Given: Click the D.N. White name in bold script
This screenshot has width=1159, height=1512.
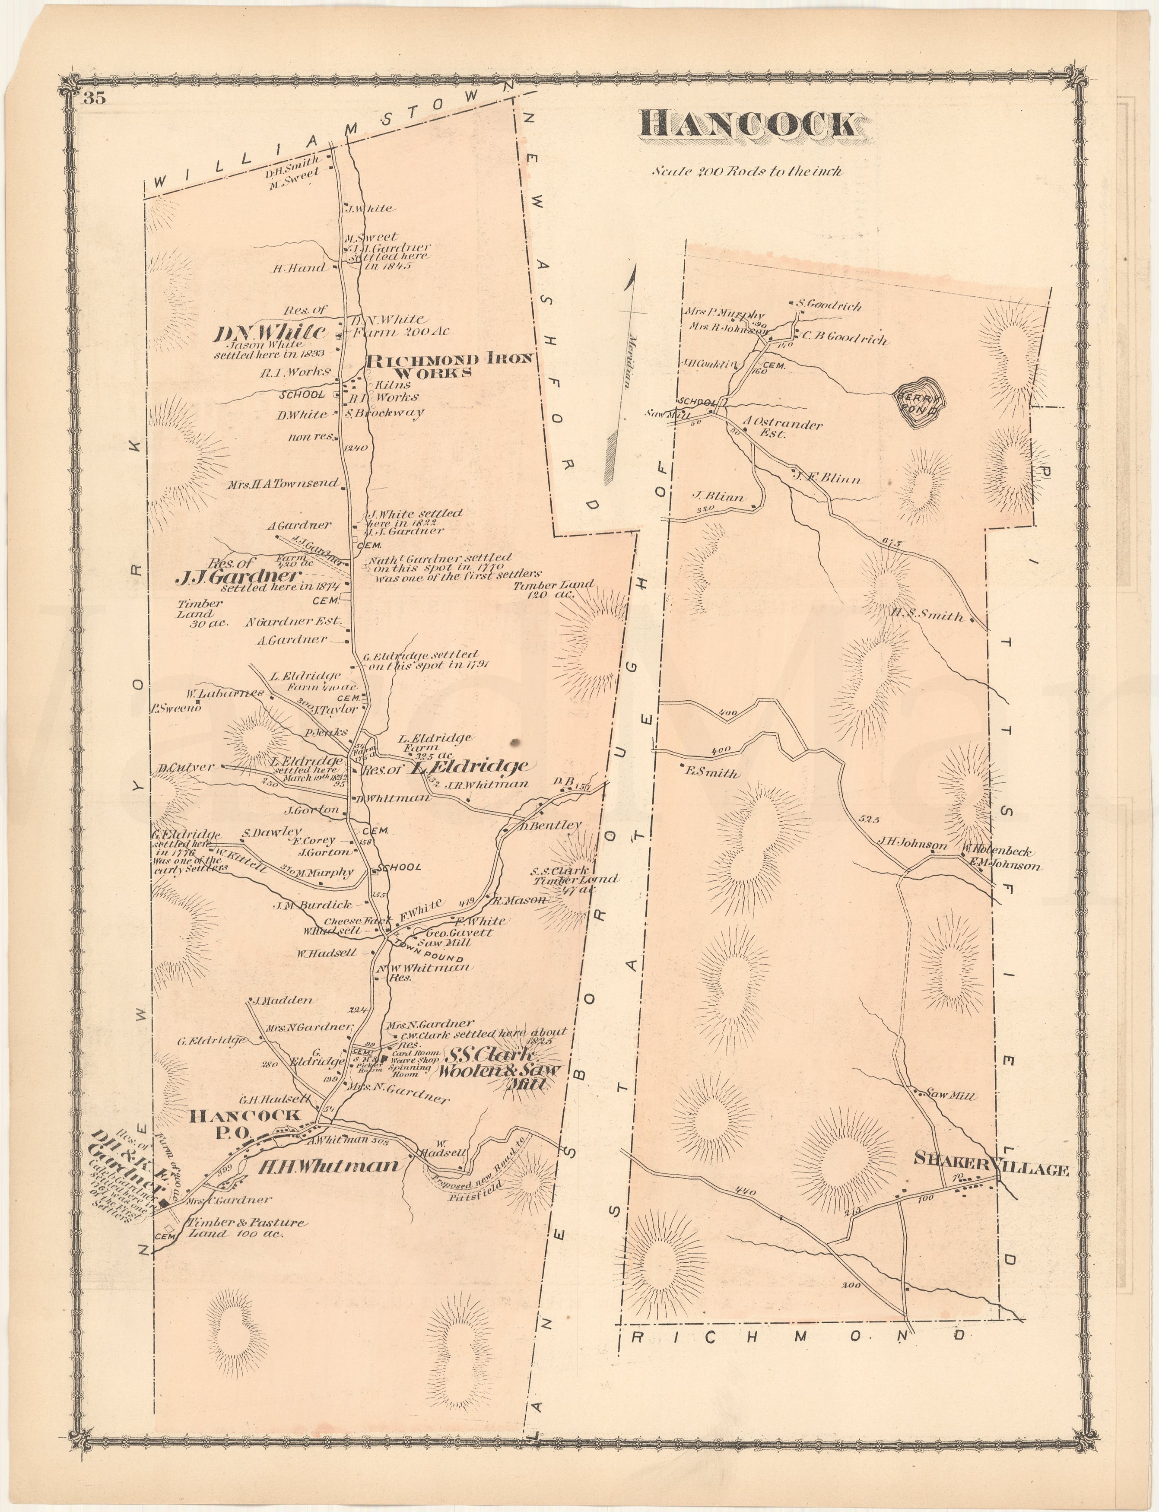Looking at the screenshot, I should coord(270,333).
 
